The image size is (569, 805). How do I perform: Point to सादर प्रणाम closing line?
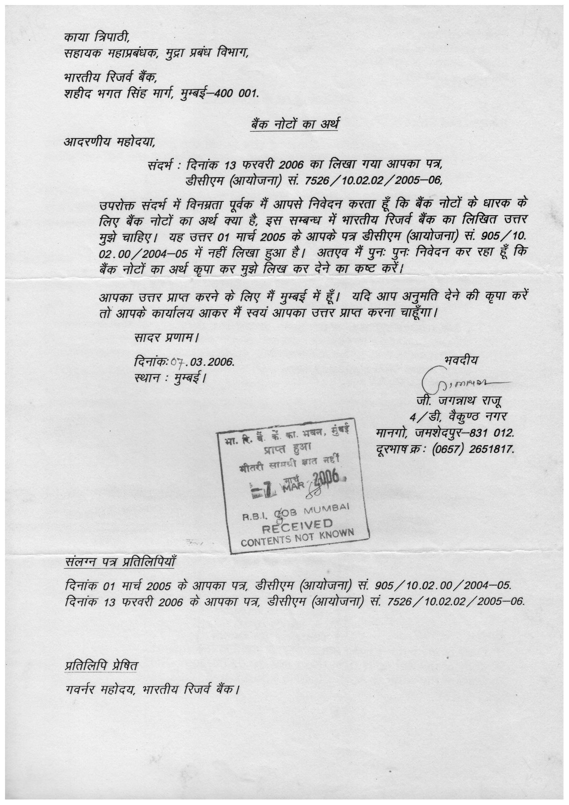coord(166,339)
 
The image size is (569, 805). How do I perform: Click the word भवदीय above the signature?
coord(461,360)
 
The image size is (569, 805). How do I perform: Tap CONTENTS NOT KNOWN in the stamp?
coord(298,537)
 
